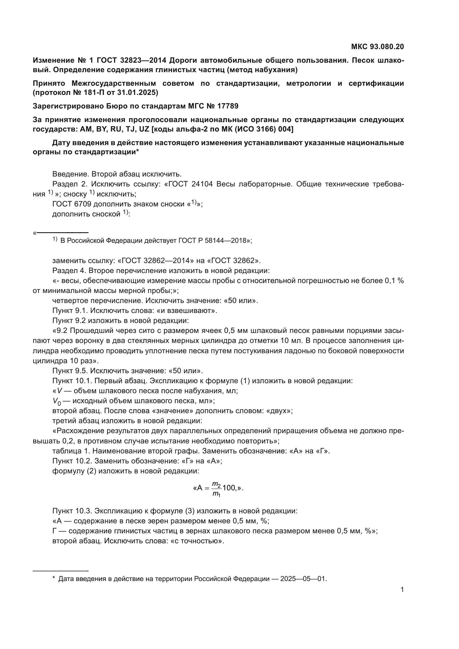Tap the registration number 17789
tap(228, 106)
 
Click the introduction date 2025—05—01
tap(303, 577)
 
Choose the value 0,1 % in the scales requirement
tap(394, 281)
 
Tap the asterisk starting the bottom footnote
tap(54, 577)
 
